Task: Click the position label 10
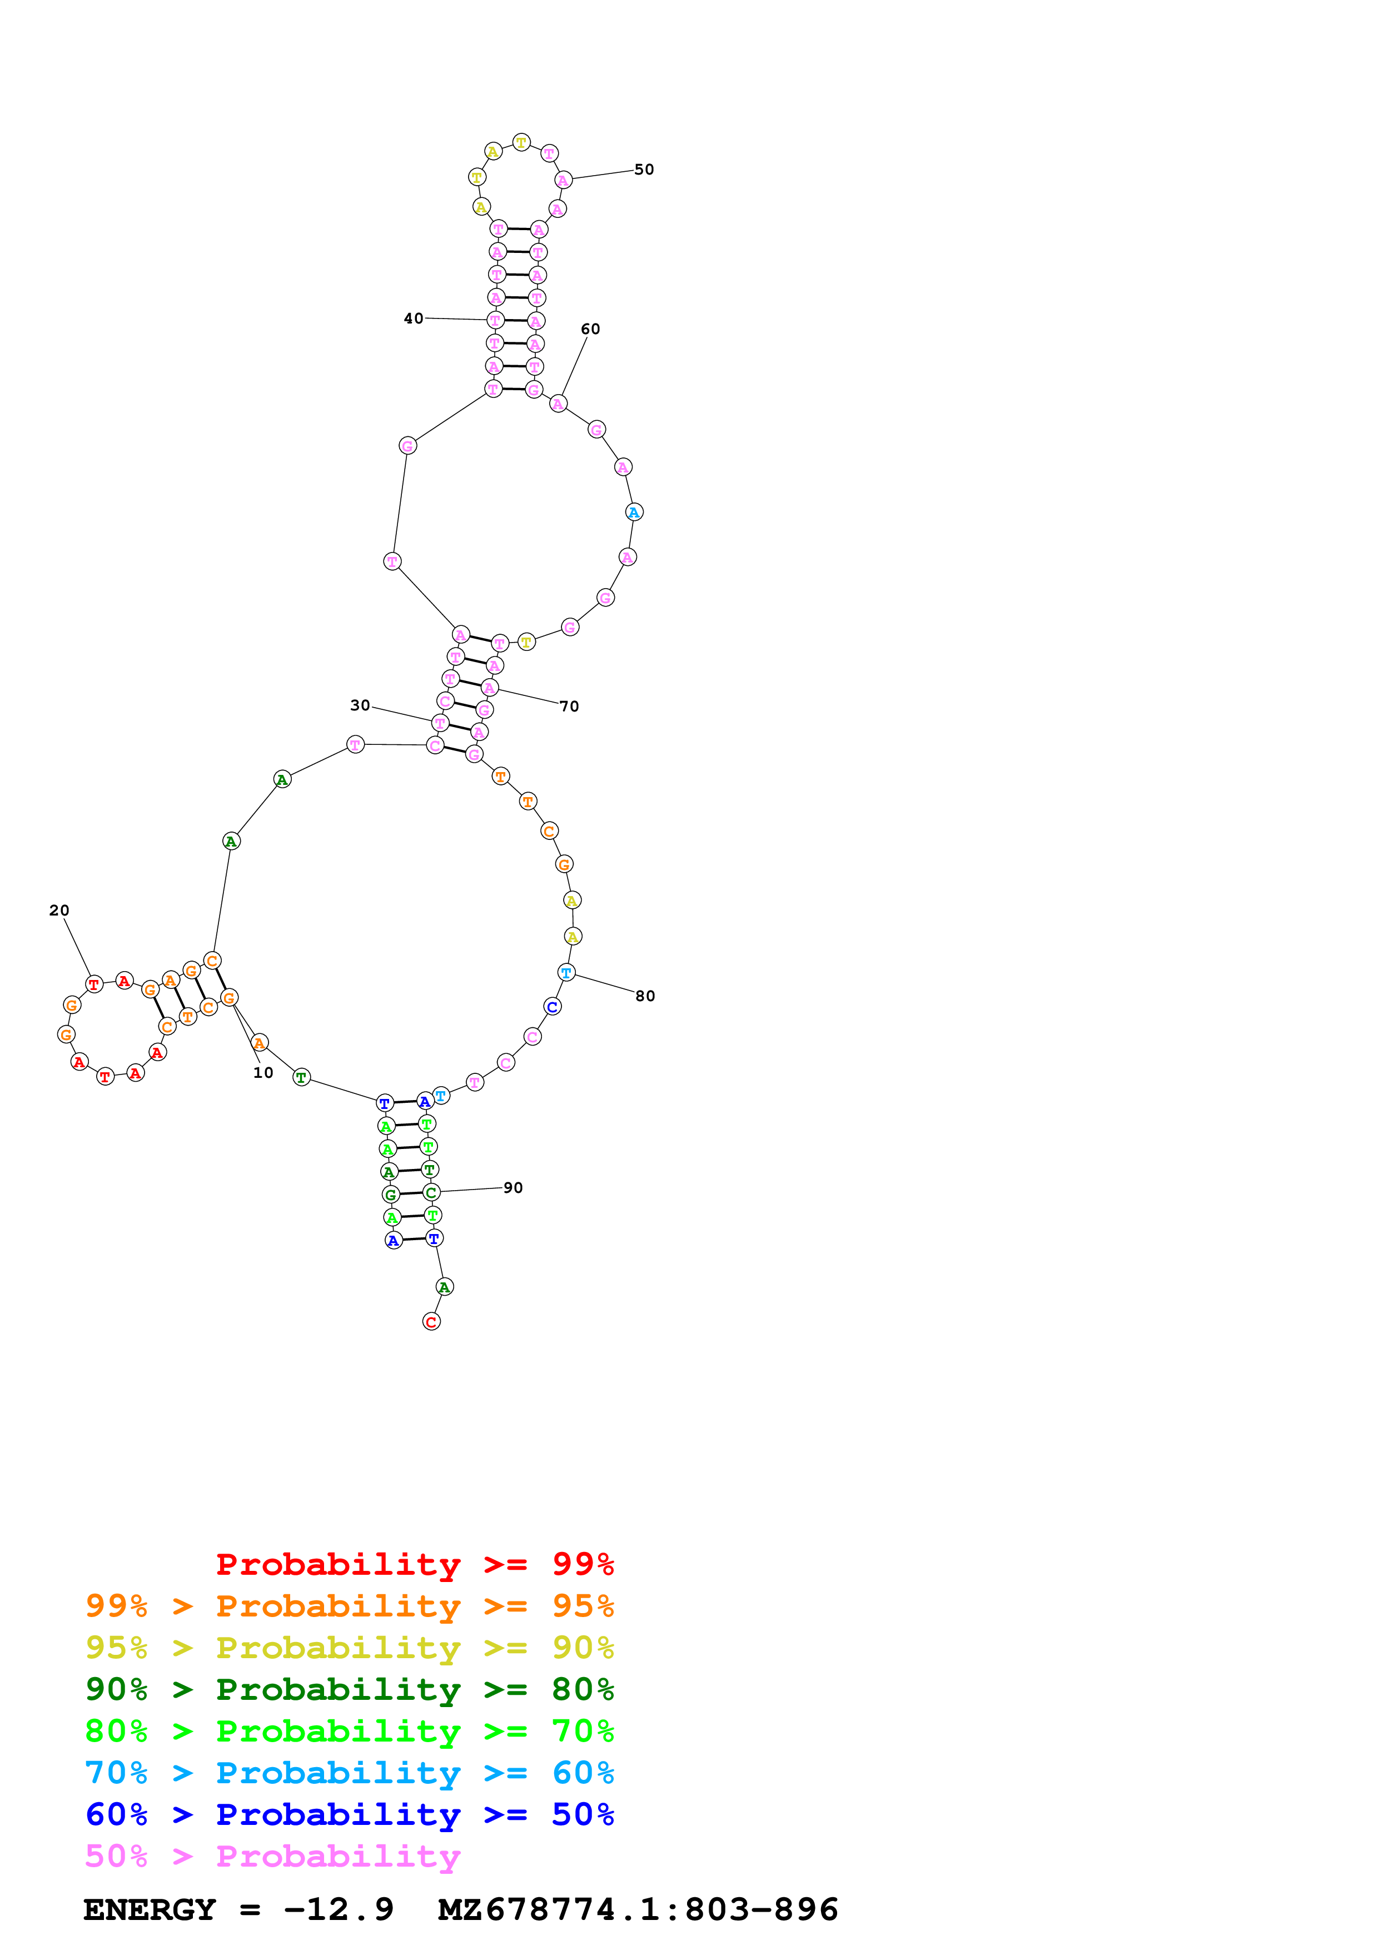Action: click(x=263, y=1073)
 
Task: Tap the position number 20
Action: click(x=58, y=911)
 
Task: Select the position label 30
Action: click(x=360, y=706)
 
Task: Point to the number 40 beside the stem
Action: click(x=414, y=319)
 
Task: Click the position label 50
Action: click(x=644, y=170)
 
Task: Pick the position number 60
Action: click(x=590, y=330)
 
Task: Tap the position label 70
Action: click(x=569, y=707)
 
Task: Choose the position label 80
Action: click(x=645, y=996)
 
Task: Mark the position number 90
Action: click(x=513, y=1188)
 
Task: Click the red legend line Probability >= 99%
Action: click(x=414, y=1564)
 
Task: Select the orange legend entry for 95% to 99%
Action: click(x=349, y=1606)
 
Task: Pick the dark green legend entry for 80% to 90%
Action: click(x=349, y=1689)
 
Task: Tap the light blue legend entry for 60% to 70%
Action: click(x=349, y=1773)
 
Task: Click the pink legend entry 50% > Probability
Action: click(x=272, y=1856)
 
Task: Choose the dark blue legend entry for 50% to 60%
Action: click(x=349, y=1814)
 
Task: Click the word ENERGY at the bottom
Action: click(x=150, y=1909)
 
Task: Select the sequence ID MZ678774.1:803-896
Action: click(x=638, y=1909)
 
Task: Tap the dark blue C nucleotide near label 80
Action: click(x=552, y=1007)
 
